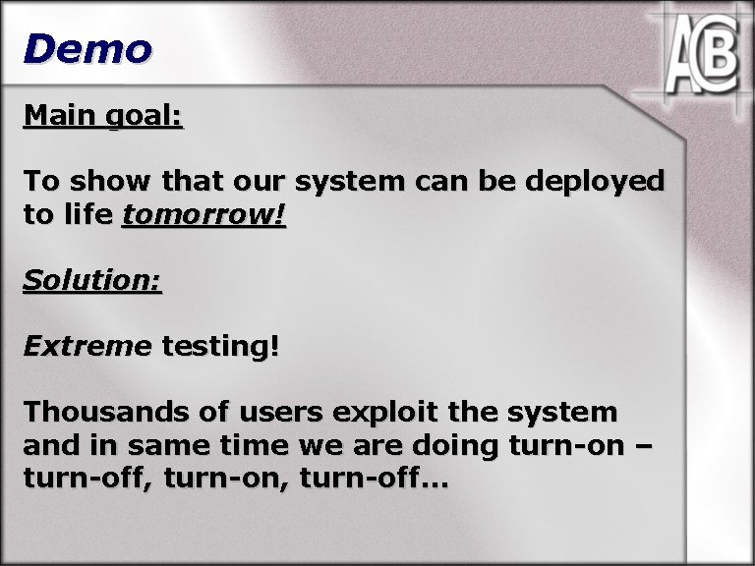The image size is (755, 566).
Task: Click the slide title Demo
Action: point(87,49)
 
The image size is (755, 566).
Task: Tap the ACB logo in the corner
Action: point(699,58)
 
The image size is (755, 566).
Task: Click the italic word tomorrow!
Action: point(203,215)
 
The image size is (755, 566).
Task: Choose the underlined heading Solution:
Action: point(92,280)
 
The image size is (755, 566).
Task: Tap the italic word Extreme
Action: point(87,346)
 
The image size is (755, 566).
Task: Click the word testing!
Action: point(220,347)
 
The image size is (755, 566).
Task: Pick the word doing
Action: point(453,446)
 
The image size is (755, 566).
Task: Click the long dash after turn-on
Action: point(643,447)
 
